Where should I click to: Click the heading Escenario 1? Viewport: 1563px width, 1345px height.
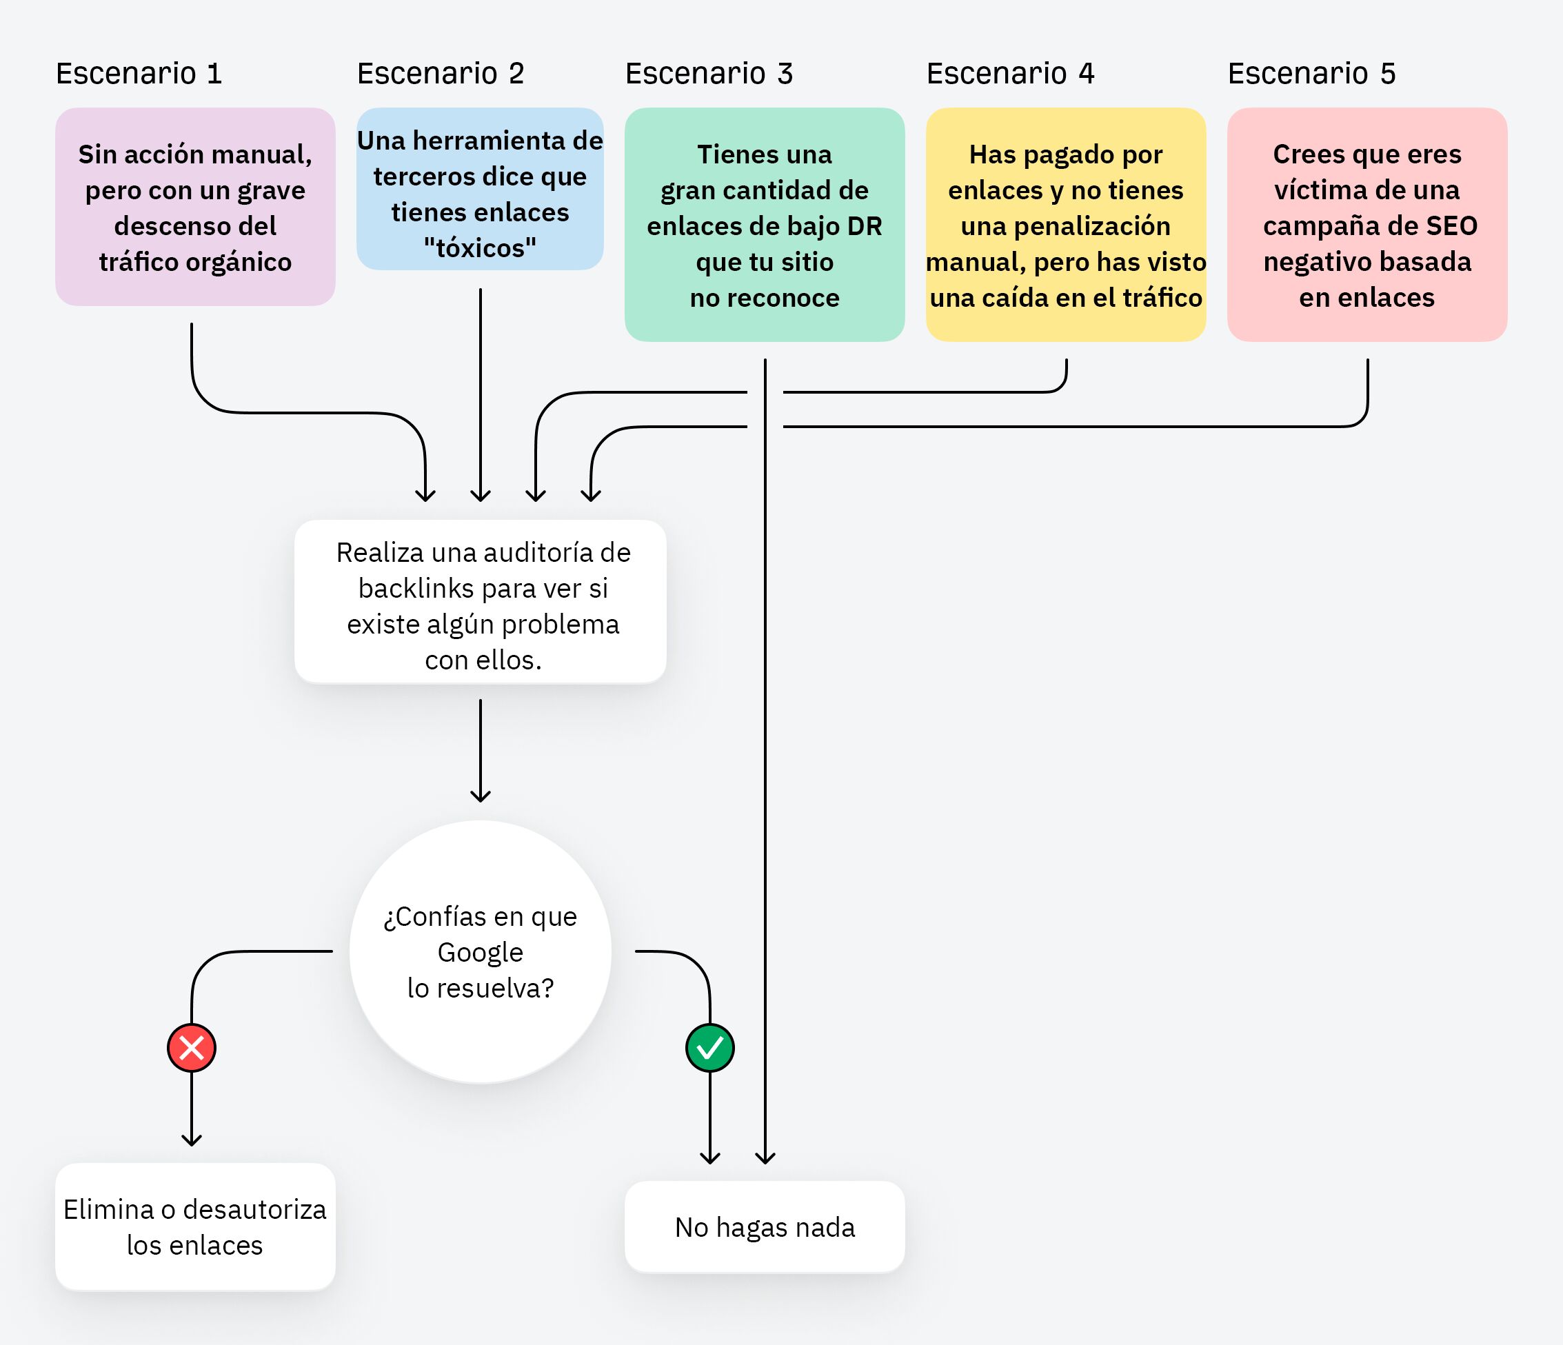(139, 74)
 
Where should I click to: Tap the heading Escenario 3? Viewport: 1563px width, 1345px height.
(708, 74)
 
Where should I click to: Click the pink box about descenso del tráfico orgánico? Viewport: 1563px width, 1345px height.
(194, 208)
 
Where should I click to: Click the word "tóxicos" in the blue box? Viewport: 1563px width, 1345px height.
(480, 248)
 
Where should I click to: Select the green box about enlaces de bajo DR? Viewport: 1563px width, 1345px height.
(764, 225)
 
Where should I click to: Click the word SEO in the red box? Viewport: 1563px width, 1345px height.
(1452, 226)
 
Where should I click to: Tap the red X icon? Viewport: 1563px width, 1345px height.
(192, 1048)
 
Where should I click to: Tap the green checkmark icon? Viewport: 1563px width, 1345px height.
(710, 1048)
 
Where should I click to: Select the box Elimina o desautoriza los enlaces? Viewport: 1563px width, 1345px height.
(194, 1227)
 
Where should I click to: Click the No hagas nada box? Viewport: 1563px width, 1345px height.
(764, 1227)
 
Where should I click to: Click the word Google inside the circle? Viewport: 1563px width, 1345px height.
(481, 953)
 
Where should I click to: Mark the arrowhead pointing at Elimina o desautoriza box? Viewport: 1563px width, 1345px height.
(192, 1140)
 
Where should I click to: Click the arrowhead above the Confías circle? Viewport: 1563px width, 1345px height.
(481, 795)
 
